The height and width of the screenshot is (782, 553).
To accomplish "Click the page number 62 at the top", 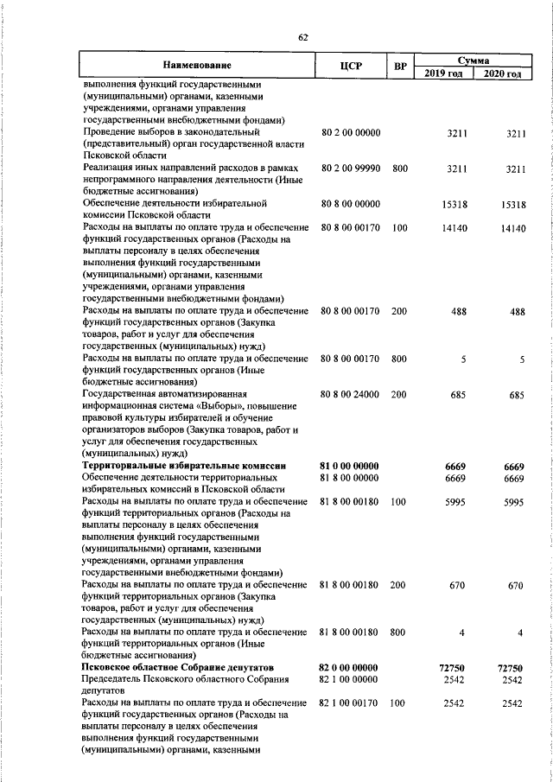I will [x=302, y=37].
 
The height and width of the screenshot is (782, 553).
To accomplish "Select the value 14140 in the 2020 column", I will [x=512, y=227].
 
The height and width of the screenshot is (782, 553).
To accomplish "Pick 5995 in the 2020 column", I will [x=514, y=501].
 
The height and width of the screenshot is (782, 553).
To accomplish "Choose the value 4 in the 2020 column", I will [x=521, y=632].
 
